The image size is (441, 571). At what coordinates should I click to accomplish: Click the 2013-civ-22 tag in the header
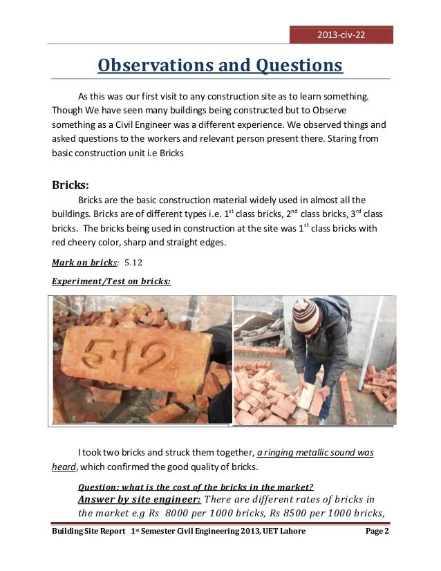[341, 35]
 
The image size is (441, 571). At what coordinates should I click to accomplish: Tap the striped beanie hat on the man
[306, 315]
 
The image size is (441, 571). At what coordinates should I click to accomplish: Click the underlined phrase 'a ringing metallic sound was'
[315, 453]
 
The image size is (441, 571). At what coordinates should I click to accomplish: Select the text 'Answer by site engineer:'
[139, 500]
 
